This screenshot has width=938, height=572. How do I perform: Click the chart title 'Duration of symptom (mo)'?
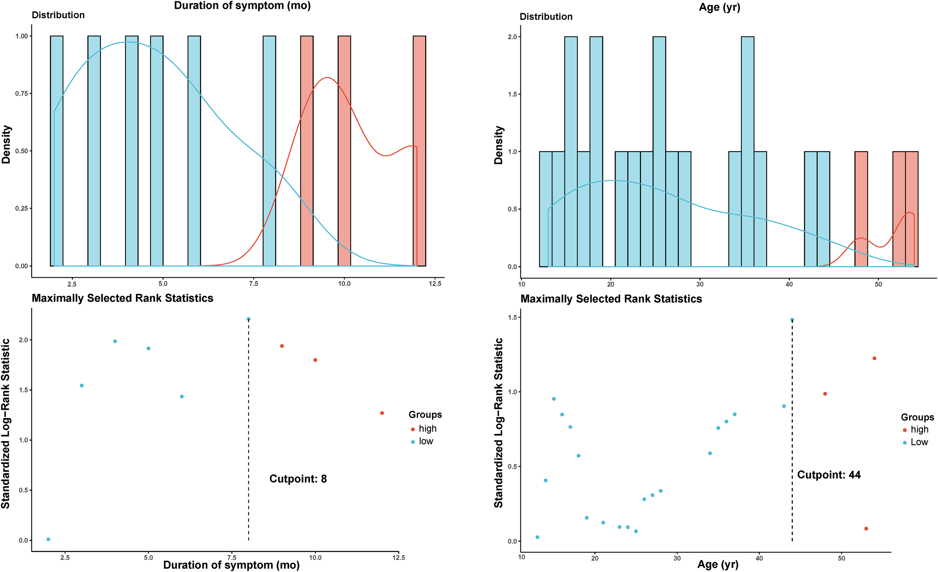pyautogui.click(x=242, y=6)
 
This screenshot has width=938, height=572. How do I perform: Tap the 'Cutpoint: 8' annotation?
pyautogui.click(x=298, y=479)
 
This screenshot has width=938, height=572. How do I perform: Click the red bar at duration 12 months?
pyautogui.click(x=419, y=151)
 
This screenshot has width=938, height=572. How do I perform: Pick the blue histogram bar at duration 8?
pyautogui.click(x=269, y=151)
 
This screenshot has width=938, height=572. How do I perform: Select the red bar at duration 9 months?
pyautogui.click(x=307, y=151)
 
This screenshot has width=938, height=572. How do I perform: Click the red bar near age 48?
pyautogui.click(x=861, y=209)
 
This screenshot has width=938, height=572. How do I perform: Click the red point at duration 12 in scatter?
pyautogui.click(x=382, y=413)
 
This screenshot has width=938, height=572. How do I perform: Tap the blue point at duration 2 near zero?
pyautogui.click(x=48, y=539)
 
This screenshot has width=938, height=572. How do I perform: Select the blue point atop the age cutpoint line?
pyautogui.click(x=792, y=320)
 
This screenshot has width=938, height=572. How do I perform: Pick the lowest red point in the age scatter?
pyautogui.click(x=866, y=529)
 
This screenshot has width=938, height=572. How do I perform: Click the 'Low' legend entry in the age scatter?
pyautogui.click(x=915, y=442)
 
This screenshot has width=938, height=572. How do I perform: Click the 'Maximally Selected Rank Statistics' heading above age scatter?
pyautogui.click(x=611, y=299)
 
